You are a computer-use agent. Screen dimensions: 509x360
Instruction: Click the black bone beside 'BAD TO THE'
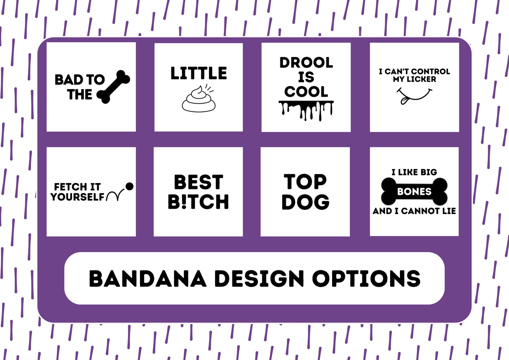(113, 87)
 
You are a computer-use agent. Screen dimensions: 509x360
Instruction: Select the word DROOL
(306, 62)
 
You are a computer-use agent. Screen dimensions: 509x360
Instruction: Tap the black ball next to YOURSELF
(129, 186)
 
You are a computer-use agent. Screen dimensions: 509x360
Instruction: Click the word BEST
(199, 182)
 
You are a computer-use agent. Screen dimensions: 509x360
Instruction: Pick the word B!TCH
(198, 202)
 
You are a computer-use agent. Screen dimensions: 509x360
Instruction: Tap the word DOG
(305, 202)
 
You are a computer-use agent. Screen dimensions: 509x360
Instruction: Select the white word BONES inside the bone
(414, 191)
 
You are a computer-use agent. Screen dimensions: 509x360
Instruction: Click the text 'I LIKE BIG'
(414, 172)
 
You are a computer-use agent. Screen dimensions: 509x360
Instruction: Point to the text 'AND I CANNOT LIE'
(414, 211)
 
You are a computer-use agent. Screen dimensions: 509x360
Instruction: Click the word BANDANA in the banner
(148, 278)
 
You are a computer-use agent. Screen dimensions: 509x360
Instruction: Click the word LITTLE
(199, 73)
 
